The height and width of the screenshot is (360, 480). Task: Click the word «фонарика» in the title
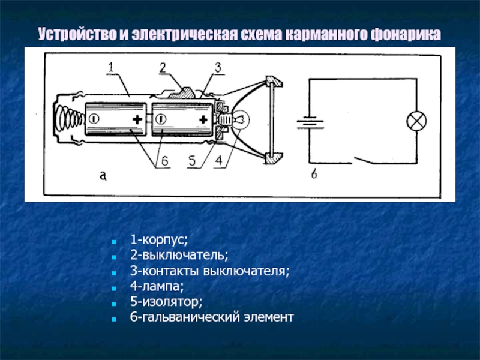coord(406,34)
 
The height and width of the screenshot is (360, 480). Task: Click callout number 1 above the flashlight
coord(111,67)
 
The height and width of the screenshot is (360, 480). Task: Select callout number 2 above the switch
coord(163,68)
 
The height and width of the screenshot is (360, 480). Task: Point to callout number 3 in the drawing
coord(218,68)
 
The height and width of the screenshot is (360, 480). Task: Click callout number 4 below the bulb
coord(219,161)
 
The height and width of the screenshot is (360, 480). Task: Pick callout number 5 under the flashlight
coord(192,161)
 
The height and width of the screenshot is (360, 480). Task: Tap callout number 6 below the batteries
coord(164,161)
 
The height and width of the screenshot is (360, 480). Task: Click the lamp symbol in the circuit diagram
coord(416,121)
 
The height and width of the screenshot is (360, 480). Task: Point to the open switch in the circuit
coord(364,160)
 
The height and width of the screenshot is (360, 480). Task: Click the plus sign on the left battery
coord(137,119)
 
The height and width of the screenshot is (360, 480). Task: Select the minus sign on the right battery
coord(161,119)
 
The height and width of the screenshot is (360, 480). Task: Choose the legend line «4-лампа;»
coord(157,286)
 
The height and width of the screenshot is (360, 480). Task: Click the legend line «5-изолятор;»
coord(166,302)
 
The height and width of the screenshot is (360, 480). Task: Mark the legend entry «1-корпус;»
coord(159,239)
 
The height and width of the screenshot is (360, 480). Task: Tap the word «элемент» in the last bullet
coord(268,317)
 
